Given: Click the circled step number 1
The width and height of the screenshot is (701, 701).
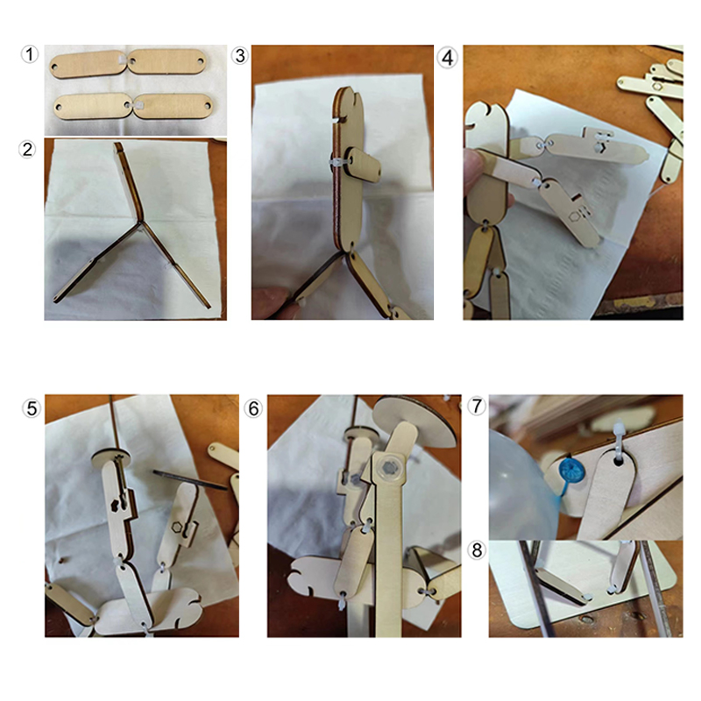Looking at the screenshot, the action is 30,54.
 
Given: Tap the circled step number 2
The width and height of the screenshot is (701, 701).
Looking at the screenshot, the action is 27,149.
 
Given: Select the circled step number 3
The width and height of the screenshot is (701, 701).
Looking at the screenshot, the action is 240,56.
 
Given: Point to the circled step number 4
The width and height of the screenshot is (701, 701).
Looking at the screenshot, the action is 448,58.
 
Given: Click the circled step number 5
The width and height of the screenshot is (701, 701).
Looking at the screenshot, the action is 32,408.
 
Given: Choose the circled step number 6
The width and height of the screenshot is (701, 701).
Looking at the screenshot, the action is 253,408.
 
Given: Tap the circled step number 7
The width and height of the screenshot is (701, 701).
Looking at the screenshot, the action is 477,406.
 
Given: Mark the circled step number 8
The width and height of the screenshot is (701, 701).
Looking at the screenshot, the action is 477,550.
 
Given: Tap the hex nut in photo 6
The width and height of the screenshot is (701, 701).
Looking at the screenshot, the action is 390,467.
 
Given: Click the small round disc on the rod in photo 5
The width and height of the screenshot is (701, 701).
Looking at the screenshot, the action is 111,457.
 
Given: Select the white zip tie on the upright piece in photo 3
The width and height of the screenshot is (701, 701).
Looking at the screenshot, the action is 337,163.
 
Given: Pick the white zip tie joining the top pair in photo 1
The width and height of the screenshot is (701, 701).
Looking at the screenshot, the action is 121,60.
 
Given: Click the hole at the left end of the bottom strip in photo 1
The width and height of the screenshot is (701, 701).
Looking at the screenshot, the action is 59,107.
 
